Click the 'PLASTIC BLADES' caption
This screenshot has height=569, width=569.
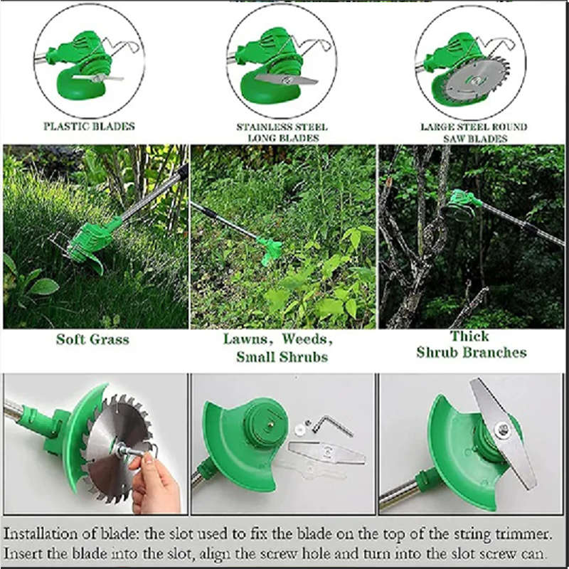tap(90, 126)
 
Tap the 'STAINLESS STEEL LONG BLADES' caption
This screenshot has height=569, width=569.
tap(282, 132)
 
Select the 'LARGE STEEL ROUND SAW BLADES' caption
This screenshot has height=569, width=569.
tap(474, 132)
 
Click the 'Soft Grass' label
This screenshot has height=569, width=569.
tap(93, 339)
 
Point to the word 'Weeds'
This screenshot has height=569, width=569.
tap(307, 339)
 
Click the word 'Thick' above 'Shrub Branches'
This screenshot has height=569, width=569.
tap(469, 336)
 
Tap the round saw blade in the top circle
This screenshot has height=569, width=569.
tap(475, 80)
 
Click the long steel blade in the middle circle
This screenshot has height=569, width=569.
tap(287, 80)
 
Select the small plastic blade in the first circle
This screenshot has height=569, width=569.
tap(98, 78)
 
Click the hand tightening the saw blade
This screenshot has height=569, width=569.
tap(155, 482)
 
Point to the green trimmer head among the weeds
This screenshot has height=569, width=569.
tap(270, 249)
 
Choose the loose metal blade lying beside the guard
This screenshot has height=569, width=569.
tap(326, 452)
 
